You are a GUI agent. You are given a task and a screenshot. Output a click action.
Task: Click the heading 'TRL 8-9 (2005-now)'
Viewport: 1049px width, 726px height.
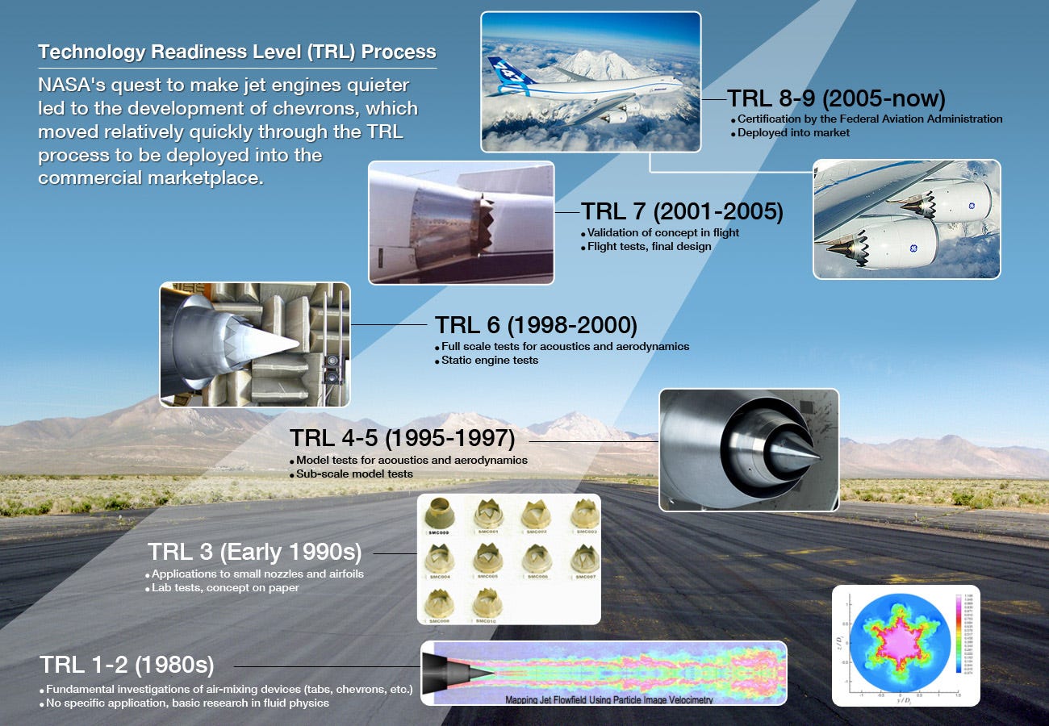click(x=836, y=98)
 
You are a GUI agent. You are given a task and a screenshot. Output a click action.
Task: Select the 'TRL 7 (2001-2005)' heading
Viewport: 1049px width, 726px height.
click(x=682, y=211)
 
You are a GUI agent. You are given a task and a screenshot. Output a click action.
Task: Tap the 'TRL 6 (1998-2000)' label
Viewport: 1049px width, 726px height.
click(x=536, y=325)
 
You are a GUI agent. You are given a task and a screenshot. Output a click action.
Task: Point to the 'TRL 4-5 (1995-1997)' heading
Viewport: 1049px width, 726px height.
click(x=402, y=438)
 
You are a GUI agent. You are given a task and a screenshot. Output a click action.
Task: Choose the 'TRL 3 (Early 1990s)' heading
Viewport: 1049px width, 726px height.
click(x=254, y=553)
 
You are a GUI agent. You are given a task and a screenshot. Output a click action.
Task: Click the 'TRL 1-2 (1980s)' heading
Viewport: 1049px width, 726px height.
click(x=127, y=665)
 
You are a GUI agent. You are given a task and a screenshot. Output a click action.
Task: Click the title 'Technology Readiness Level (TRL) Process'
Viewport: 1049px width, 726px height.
click(x=236, y=52)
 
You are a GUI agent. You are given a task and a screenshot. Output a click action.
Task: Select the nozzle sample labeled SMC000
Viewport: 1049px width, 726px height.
click(x=439, y=513)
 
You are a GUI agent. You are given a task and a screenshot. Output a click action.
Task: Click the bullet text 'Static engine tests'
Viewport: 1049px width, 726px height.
click(x=490, y=360)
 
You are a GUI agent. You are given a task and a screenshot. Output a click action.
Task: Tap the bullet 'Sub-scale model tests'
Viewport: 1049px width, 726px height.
click(x=354, y=474)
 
